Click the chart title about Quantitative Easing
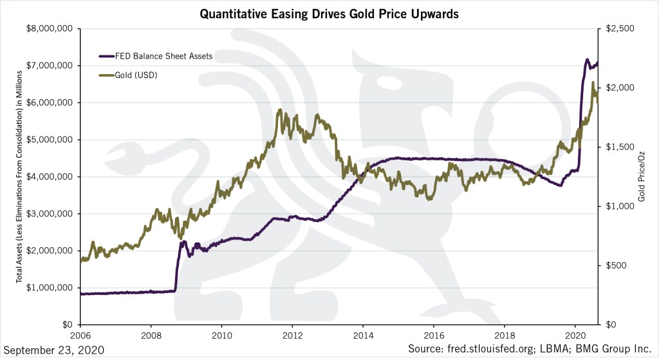329,13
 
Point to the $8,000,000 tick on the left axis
51,28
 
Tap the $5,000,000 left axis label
51,140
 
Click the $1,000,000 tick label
51,288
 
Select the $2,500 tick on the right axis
617,28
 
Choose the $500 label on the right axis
614,265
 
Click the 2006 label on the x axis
80,336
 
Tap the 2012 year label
293,336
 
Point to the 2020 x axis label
577,336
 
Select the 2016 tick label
434,336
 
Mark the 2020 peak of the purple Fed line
586,59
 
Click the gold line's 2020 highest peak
593,82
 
